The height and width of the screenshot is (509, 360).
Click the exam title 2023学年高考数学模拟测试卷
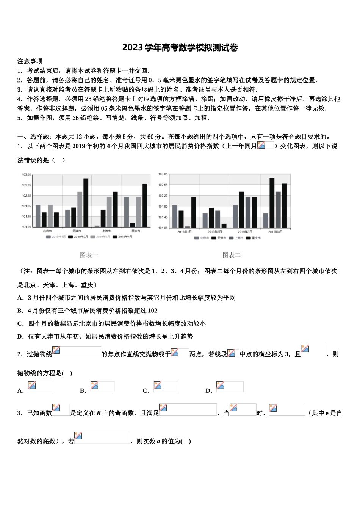180,48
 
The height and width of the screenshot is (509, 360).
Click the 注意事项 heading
30,61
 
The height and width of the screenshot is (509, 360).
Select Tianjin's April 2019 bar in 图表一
86,203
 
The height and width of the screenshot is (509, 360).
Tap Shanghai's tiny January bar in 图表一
97,226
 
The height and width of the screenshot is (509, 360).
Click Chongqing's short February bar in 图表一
132,225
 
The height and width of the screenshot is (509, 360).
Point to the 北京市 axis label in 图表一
47,231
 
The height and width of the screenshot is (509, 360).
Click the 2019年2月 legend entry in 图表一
78,237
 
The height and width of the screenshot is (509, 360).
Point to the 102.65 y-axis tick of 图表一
26,185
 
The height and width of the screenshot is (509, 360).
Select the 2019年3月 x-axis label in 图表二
245,231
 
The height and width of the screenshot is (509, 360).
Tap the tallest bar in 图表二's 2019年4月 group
272,203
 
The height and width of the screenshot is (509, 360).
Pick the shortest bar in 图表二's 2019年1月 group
187,227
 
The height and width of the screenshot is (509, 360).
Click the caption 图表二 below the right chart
232,255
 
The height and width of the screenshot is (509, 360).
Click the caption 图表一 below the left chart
89,255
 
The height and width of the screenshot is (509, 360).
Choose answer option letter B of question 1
20,311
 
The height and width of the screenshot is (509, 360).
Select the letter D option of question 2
208,390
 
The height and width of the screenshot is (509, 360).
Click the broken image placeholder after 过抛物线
77,351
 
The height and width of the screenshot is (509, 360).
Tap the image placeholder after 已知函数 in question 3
61,410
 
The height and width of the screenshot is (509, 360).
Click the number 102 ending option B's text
152,311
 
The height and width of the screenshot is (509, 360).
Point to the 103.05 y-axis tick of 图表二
163,174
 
